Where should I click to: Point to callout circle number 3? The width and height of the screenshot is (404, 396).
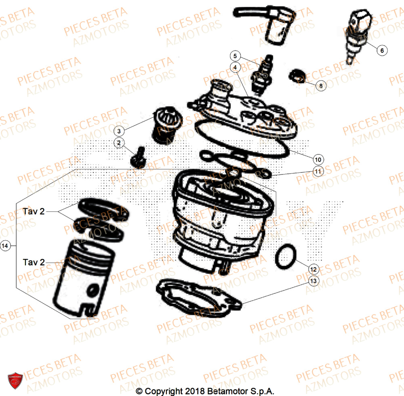[x=119, y=131]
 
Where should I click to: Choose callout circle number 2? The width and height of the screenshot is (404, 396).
[x=119, y=142]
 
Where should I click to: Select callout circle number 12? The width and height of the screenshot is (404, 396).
[x=314, y=269]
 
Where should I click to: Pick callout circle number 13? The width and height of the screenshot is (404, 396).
[x=314, y=280]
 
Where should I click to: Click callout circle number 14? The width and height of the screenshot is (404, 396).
[x=5, y=245]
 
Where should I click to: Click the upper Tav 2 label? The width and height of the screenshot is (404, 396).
[x=34, y=212]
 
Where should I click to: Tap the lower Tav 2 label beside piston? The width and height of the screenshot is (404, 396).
[x=34, y=262]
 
